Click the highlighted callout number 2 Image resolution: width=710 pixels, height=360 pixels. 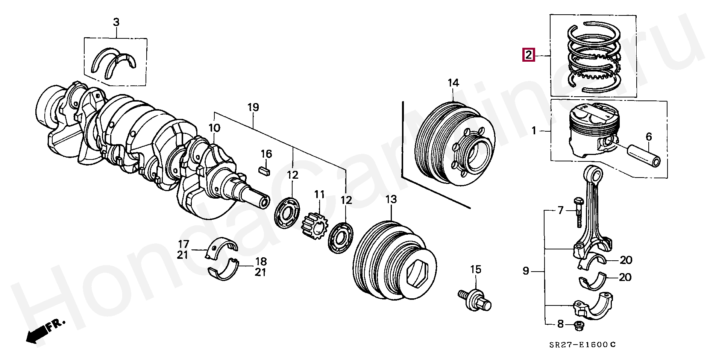tap(528, 55)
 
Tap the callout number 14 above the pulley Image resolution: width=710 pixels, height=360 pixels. tap(453, 83)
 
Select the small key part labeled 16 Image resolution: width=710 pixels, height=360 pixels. tap(265, 170)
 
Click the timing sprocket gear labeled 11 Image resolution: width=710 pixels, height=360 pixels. tap(314, 226)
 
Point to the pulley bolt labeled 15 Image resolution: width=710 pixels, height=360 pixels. tap(475, 299)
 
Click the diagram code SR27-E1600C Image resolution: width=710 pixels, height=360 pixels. tap(581, 345)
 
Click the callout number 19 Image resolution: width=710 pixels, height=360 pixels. tap(253, 107)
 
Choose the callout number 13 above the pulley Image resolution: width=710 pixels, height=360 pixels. tap(391, 199)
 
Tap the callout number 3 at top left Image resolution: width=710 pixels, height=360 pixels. tap(116, 22)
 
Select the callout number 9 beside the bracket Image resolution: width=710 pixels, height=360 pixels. tap(526, 271)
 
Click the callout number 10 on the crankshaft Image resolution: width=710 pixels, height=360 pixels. tap(214, 128)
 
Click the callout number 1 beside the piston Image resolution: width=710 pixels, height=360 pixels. tap(534, 131)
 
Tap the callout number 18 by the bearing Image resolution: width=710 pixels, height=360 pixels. tap(261, 261)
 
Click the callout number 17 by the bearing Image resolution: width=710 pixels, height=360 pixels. tap(184, 244)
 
